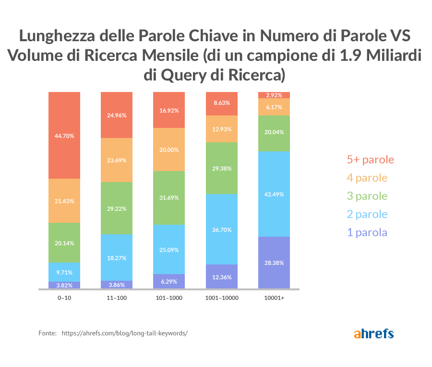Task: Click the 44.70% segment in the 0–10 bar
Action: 64,136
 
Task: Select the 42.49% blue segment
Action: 274,194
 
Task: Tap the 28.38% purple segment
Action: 274,263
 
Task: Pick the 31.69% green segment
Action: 169,198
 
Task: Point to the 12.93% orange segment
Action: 221,129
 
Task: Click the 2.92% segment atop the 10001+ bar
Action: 274,95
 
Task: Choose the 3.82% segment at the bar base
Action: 64,285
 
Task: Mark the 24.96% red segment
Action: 117,115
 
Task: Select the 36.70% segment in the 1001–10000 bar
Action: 221,229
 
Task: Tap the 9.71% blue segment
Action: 64,272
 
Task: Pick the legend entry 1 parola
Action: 367,233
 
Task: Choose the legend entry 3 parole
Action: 367,196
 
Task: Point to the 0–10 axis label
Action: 64,298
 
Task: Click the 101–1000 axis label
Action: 169,298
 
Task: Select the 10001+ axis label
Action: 274,298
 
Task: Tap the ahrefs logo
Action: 374,333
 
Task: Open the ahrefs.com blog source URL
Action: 124,333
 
